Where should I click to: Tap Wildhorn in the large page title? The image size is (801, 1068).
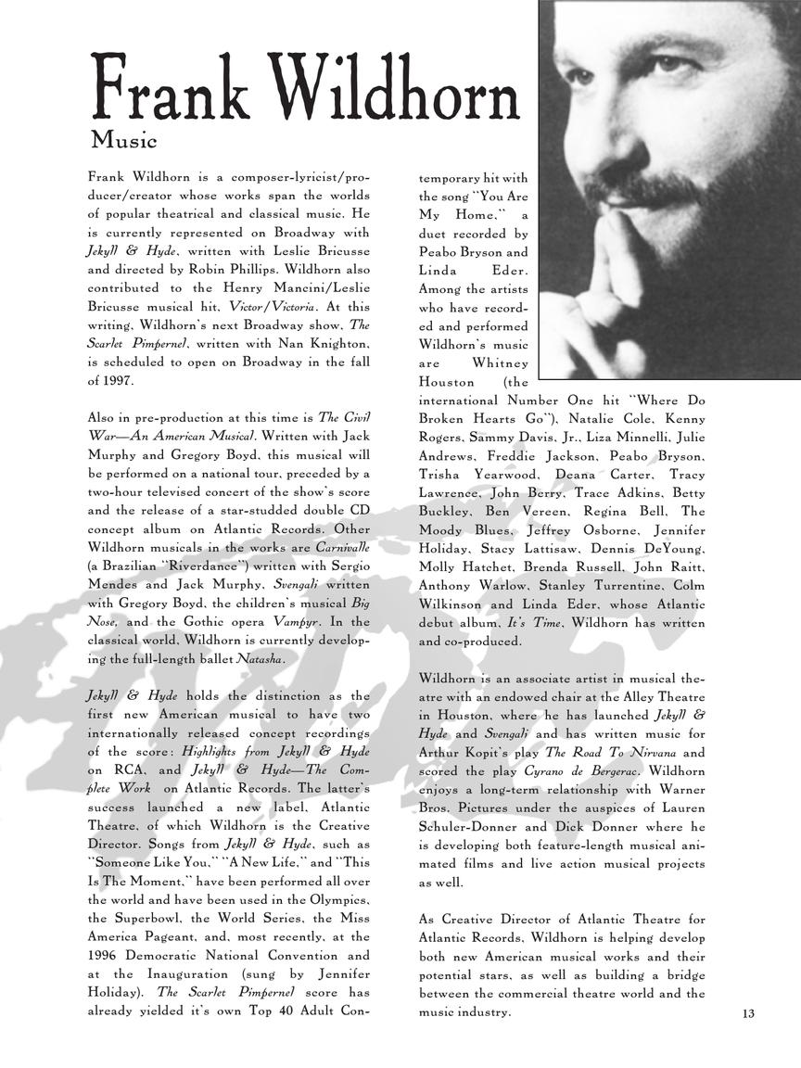click(398, 93)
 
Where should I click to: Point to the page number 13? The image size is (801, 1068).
click(748, 1013)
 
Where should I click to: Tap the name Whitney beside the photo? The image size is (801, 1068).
click(500, 363)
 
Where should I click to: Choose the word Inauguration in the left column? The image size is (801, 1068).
click(184, 974)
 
